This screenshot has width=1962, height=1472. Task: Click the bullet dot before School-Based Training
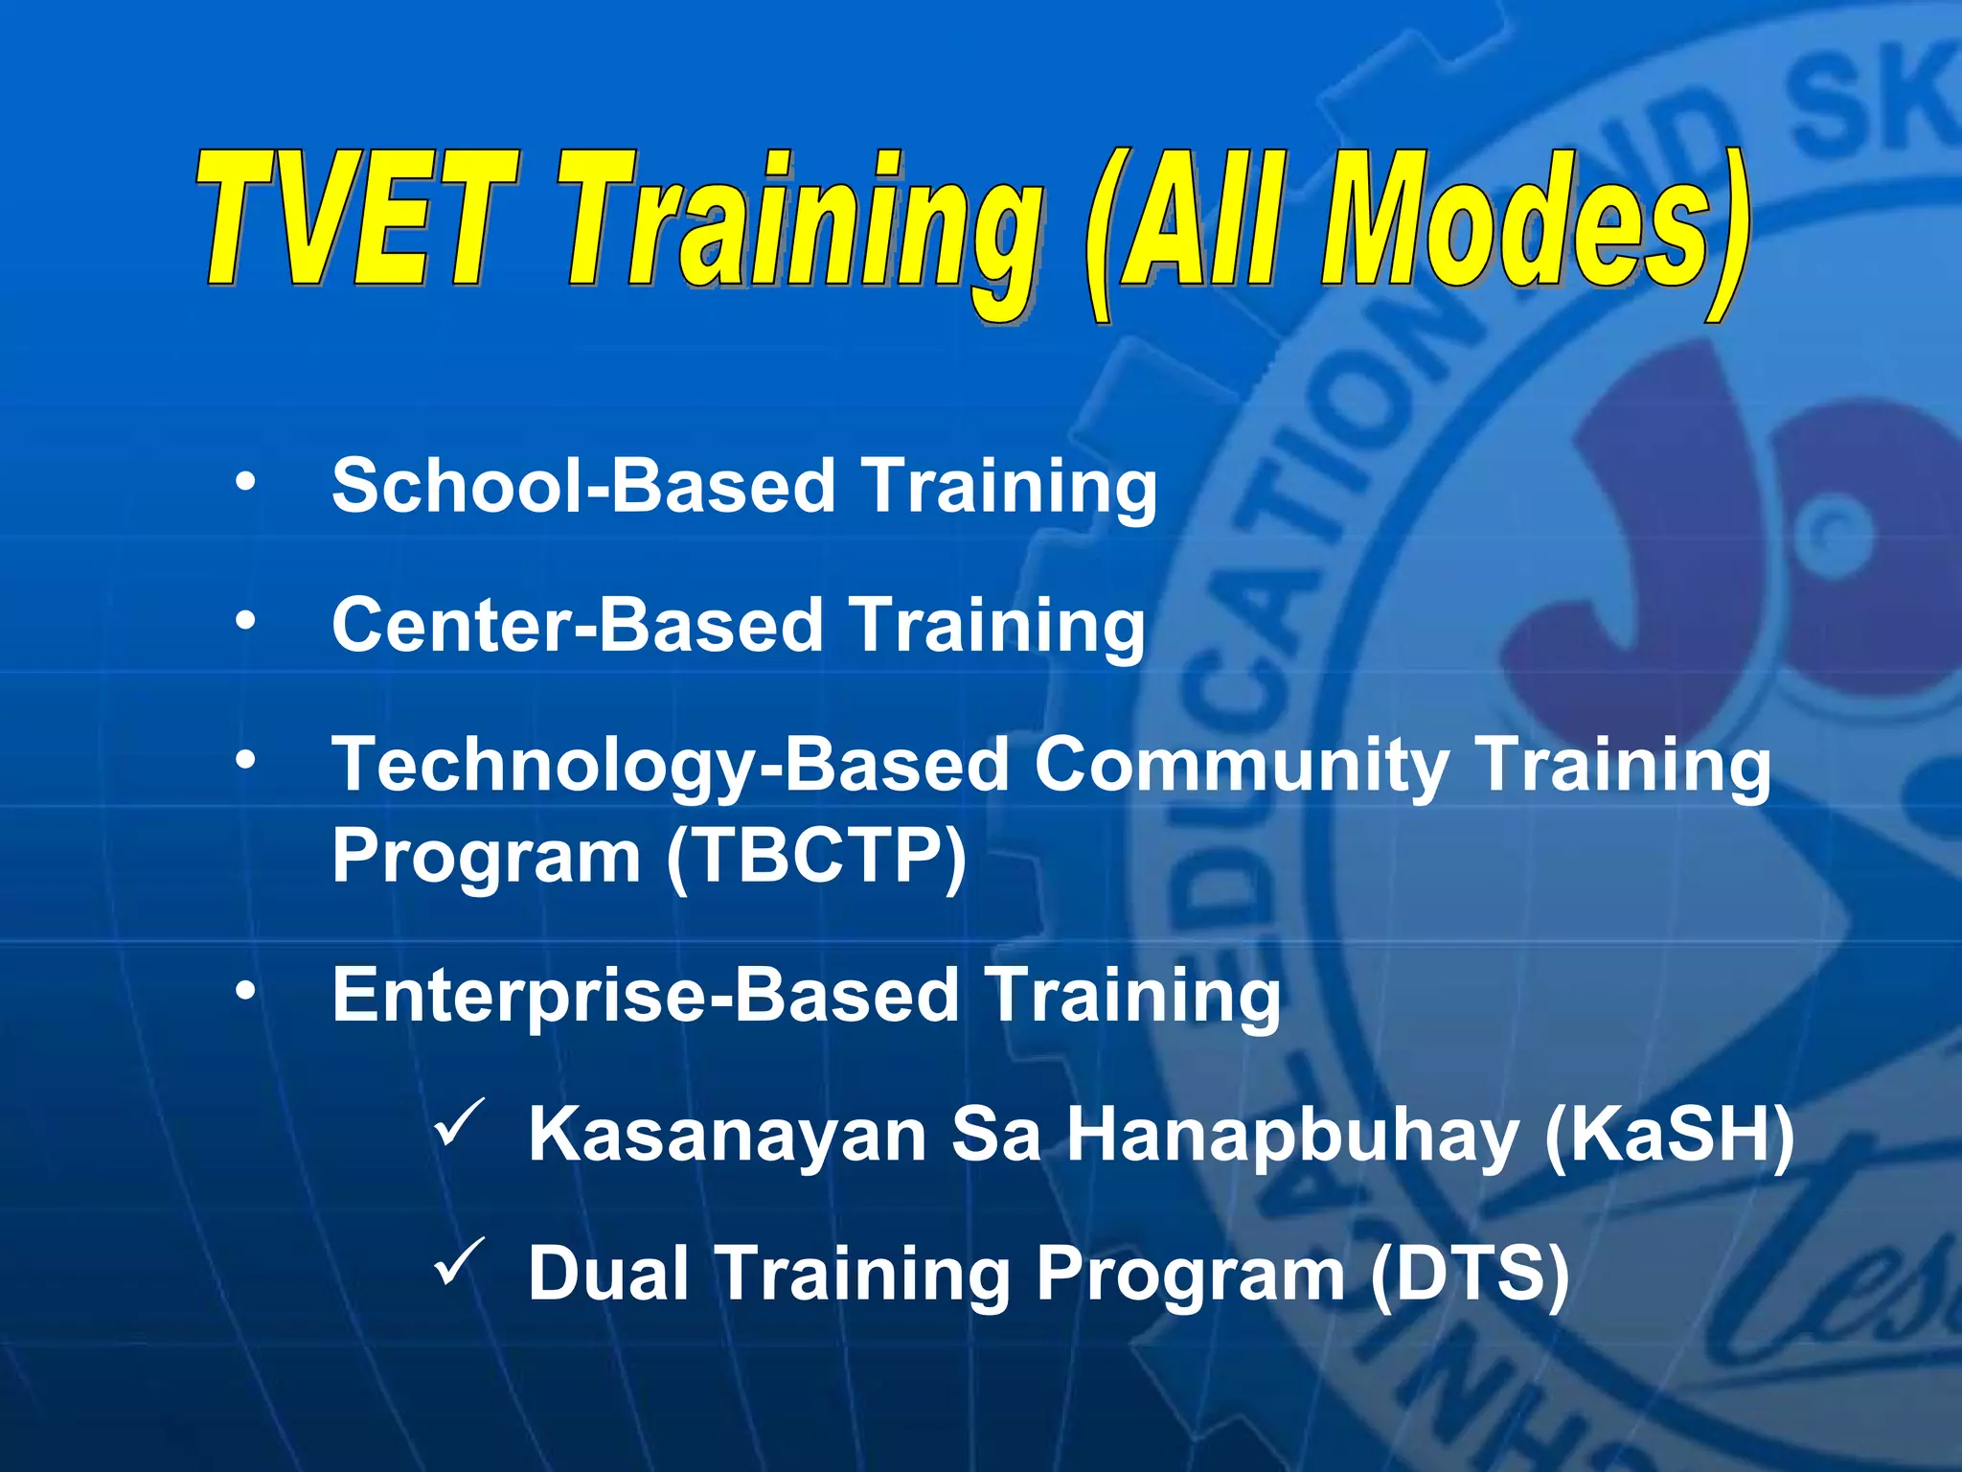coord(246,482)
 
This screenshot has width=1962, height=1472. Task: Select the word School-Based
coord(582,485)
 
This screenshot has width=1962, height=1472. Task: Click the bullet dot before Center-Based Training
coord(246,622)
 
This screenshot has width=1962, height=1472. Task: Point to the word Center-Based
coord(577,625)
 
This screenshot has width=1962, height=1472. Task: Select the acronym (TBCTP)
coord(816,856)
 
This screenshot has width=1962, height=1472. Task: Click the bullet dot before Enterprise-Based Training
coord(246,993)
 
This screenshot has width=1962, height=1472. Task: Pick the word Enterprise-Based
coord(646,997)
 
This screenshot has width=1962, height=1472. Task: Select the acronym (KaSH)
coord(1669,1136)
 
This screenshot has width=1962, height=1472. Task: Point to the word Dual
coord(608,1274)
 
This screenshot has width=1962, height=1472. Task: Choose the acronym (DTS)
coord(1469,1275)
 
